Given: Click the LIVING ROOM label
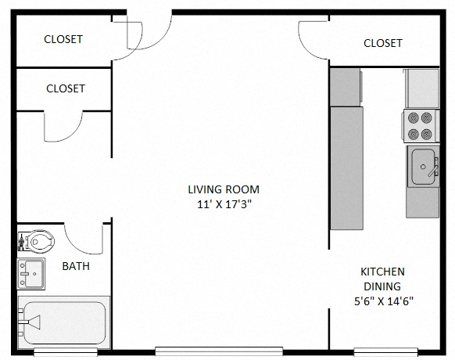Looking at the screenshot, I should click(223, 189).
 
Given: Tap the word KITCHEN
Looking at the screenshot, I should click(382, 272).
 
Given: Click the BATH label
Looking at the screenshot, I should click(76, 266).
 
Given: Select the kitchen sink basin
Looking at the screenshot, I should click(422, 166).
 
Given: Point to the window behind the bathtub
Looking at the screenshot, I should click(64, 351).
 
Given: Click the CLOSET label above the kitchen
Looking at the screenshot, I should click(383, 43).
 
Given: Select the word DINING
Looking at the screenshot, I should click(382, 286).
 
